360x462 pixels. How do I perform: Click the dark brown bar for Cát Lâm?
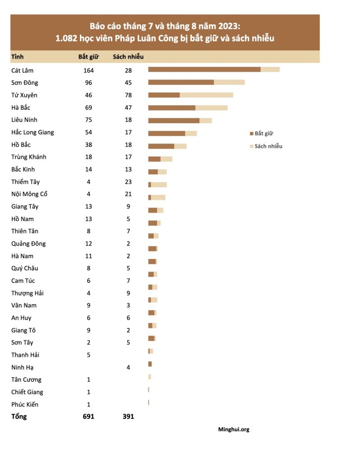204,69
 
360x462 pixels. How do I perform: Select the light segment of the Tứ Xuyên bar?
206,95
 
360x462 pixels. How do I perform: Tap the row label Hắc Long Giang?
32,132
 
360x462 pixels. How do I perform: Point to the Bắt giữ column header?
88,57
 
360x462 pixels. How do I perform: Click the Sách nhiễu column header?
128,57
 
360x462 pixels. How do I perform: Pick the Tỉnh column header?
18,57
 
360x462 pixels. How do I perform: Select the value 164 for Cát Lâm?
88,70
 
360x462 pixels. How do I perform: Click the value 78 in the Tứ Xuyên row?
128,95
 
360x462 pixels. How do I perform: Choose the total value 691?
88,416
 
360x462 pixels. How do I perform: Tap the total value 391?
128,416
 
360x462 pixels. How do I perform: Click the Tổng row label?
19,416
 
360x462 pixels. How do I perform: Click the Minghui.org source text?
234,430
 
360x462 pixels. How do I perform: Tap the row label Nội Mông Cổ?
29,194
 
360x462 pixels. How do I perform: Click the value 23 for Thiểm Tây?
128,182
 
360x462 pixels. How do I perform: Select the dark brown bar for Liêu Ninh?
174,120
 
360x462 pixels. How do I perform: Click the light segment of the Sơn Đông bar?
229,82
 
